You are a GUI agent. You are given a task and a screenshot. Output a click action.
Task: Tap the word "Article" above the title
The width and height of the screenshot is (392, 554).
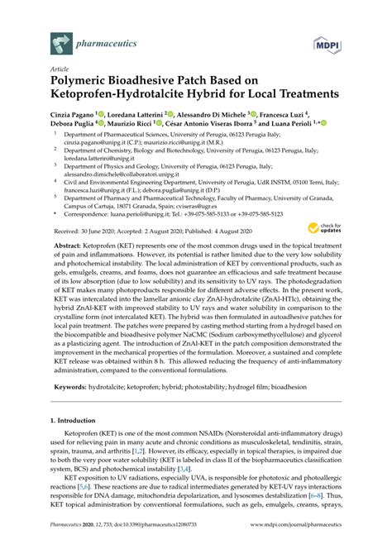pos(60,72)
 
